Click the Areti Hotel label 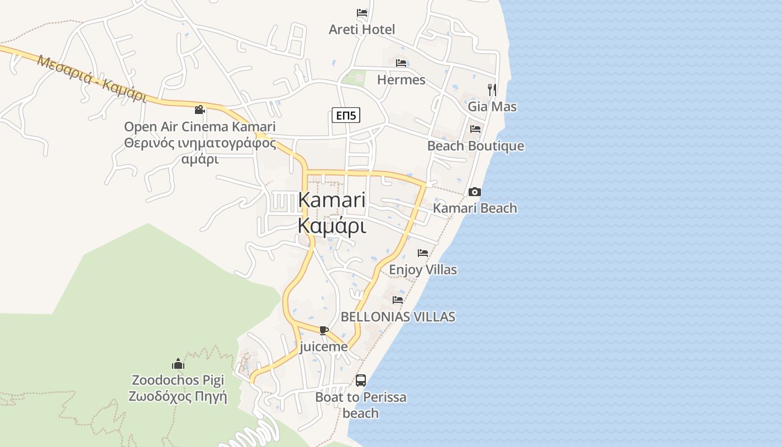pos(361,30)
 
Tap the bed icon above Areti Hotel pos(362,12)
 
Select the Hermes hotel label pos(401,80)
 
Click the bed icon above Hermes pos(401,63)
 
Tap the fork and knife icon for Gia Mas pos(492,89)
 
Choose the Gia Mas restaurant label pos(492,106)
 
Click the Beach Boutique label pos(475,146)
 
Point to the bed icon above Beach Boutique pos(475,129)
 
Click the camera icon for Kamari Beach pos(475,192)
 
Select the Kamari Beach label pos(475,208)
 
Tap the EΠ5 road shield pos(346,116)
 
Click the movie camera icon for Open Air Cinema pos(199,110)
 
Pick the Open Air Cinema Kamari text pos(199,127)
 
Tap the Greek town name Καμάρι pos(332,226)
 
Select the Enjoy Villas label pos(422,270)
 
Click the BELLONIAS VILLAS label pos(398,317)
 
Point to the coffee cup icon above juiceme pos(323,330)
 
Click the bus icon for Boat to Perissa pos(361,381)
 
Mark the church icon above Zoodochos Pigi pos(178,364)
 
